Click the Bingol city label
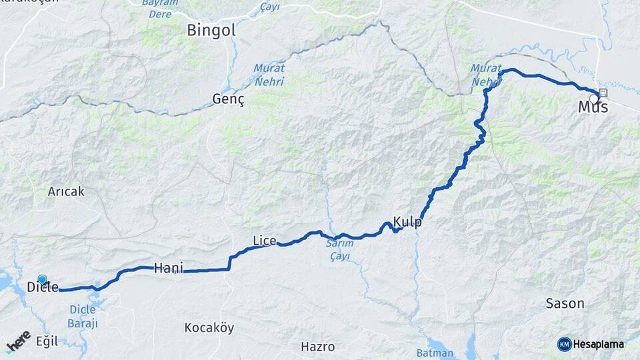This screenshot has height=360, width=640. tap(211, 30)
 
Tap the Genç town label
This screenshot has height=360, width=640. tap(229, 99)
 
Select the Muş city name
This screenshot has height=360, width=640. tap(593, 107)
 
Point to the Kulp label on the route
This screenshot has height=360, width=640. tap(407, 222)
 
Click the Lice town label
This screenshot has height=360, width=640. tap(264, 240)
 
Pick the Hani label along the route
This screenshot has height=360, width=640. tap(168, 268)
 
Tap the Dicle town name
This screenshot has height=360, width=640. tap(43, 287)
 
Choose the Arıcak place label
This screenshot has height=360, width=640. tap(66, 191)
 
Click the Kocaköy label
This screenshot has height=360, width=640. tap(209, 327)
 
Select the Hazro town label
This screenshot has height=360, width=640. tap(317, 347)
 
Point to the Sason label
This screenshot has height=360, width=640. tap(565, 303)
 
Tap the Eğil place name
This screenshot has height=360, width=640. tap(47, 341)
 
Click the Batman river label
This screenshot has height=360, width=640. tap(435, 353)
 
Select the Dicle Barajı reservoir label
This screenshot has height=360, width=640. tap(84, 316)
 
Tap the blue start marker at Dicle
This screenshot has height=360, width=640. tap(43, 279)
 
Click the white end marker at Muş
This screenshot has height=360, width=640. tap(593, 99)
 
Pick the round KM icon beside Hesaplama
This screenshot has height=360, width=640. tap(565, 344)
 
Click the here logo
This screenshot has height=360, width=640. tap(19, 341)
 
